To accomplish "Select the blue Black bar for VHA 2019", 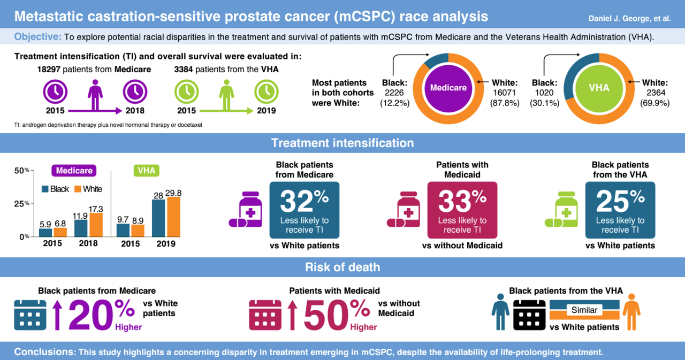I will (158, 218).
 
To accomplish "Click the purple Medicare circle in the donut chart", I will (448, 88).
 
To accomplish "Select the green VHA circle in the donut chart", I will (598, 88).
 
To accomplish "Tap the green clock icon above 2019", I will (266, 92).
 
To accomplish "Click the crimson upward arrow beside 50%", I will (293, 316).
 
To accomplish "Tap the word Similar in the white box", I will (584, 310).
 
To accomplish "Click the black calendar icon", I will (529, 315).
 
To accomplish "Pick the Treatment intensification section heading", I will (342, 143).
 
